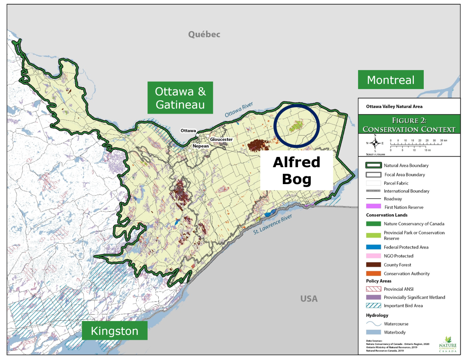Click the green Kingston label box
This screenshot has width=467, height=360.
pos(115,331)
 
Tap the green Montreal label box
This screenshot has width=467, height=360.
pos(390,80)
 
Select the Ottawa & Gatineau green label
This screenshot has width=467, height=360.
pos(180,98)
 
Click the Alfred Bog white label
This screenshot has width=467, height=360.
pos(296,170)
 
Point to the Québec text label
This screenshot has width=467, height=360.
pos(204,34)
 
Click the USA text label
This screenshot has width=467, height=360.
pos(309,299)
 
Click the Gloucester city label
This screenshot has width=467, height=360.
pos(221,139)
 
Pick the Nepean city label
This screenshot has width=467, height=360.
pos(201,146)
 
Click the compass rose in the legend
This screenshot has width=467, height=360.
pos(375,143)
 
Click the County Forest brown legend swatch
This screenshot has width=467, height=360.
pos(373,265)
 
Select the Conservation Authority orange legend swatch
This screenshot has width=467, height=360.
pos(373,274)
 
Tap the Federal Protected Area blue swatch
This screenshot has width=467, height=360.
pos(373,247)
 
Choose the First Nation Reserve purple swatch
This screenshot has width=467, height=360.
pos(373,207)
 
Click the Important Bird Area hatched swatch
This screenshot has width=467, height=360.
pos(373,306)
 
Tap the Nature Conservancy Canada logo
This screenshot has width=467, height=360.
pos(447,344)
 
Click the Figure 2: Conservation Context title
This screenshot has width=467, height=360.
pos(409,124)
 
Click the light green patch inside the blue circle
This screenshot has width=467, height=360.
pos(296,127)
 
